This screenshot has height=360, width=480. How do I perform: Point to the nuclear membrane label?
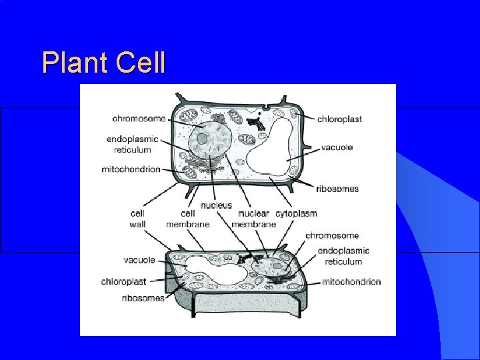pyautogui.click(x=254, y=219)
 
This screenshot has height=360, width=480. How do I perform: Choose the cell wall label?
pyautogui.click(x=137, y=219)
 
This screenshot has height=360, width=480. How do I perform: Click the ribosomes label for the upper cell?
pyautogui.click(x=337, y=189)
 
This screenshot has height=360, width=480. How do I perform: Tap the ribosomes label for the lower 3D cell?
pyautogui.click(x=143, y=298)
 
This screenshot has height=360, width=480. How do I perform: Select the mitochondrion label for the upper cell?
pyautogui.click(x=131, y=169)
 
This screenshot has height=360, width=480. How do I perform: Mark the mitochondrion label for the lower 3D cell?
pyautogui.click(x=351, y=281)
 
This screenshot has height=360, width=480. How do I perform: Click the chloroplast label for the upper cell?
pyautogui.click(x=339, y=119)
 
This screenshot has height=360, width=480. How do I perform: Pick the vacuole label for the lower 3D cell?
pyautogui.click(x=139, y=260)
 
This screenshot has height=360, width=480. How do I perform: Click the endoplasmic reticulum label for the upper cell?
pyautogui.click(x=132, y=145)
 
